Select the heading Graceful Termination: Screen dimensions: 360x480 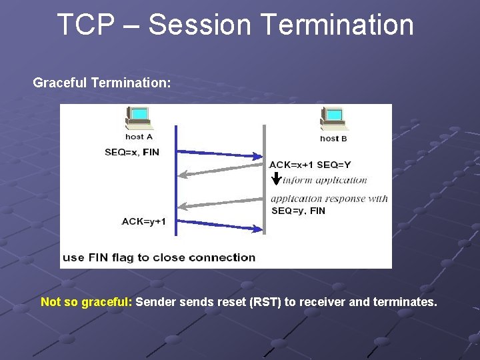point(102,83)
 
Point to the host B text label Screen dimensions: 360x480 point(333,139)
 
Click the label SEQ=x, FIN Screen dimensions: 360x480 point(132,152)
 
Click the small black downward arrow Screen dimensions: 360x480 point(276,179)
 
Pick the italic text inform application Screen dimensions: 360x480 point(325,180)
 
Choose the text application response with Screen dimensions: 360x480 point(329,199)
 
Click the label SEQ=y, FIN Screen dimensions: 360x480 point(298,211)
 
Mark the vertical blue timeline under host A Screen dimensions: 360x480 point(175,193)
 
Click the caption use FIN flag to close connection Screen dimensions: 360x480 point(159,257)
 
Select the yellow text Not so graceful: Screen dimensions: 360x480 point(87,302)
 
